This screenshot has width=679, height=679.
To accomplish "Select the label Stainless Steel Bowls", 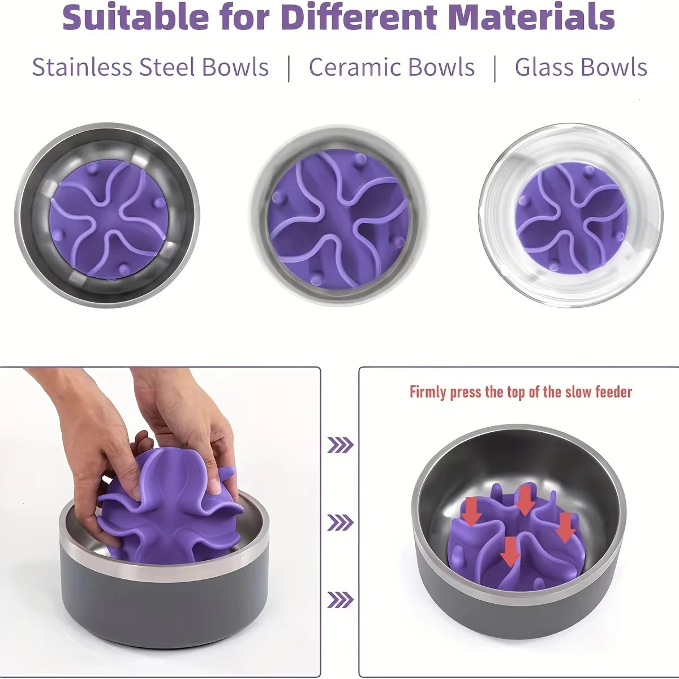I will click(150, 67).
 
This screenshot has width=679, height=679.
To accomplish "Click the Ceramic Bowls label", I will click(392, 67).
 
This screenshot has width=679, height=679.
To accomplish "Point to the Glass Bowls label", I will click(581, 67).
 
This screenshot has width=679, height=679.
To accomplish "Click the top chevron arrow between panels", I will click(340, 445).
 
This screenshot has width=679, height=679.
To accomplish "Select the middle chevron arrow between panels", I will click(340, 522).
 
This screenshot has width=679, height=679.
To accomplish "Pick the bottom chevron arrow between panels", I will click(340, 599).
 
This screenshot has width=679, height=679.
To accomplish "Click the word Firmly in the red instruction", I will click(428, 392).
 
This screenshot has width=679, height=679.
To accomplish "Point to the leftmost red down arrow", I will click(471, 510).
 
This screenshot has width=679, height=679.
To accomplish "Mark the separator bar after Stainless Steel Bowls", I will click(289, 68).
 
